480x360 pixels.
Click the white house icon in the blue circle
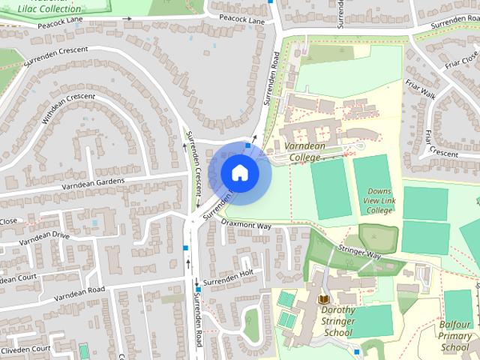[x=239, y=172]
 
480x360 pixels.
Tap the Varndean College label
[x=304, y=151]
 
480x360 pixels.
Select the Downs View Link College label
[x=379, y=201]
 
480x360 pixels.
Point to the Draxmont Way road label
[x=247, y=225]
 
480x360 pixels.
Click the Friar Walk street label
[x=421, y=89]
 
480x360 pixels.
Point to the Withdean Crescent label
[x=68, y=109]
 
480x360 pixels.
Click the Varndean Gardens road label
[x=93, y=182]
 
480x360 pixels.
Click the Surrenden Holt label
[x=230, y=277]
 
